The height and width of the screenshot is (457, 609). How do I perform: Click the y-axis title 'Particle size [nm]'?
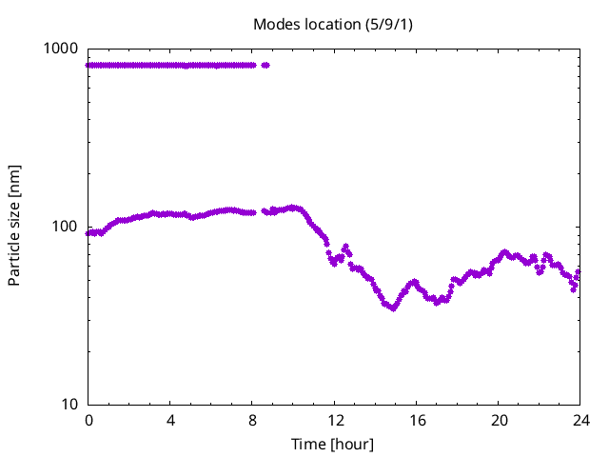(15, 226)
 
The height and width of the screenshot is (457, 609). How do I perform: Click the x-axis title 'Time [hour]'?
(333, 444)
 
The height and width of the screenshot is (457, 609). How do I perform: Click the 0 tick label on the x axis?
(88, 420)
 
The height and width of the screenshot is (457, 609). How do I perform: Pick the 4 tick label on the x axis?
(170, 420)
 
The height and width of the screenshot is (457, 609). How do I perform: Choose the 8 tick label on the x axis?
(252, 420)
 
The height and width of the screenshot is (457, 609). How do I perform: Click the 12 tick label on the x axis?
(334, 420)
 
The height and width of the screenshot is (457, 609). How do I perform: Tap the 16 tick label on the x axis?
(416, 420)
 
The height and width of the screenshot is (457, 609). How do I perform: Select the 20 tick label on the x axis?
(498, 420)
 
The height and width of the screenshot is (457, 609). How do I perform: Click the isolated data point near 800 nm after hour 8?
(265, 65)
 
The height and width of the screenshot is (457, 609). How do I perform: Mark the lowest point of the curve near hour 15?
(392, 308)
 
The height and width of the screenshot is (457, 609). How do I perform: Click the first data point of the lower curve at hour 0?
(88, 232)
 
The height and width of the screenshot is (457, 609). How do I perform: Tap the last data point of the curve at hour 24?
(578, 271)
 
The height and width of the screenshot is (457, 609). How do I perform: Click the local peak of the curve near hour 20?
(504, 252)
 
